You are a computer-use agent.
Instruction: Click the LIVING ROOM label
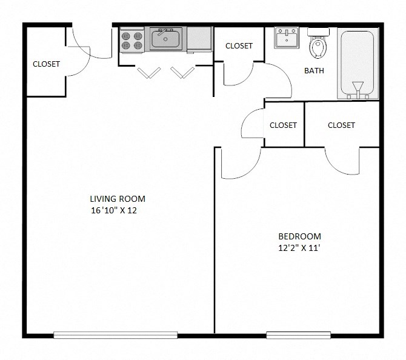[x=118, y=199]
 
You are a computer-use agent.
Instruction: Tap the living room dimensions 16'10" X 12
[x=118, y=211]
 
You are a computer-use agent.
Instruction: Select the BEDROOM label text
[x=299, y=236]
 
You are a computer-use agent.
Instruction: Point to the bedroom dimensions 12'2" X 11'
[x=299, y=248]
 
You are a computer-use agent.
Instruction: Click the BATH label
[x=314, y=70]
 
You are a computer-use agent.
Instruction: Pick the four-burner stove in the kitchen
[x=131, y=40]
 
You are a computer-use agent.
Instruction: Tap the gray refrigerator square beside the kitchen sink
[x=199, y=39]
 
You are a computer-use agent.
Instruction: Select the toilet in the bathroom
[x=317, y=44]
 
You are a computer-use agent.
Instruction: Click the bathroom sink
[x=285, y=39]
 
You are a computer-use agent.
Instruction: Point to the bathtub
[x=356, y=62]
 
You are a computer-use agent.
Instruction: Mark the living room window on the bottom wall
[x=115, y=335]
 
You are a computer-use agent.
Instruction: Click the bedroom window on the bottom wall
[x=298, y=335]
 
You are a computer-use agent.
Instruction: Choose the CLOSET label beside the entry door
[x=46, y=64]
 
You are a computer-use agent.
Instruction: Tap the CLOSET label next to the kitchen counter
[x=239, y=46]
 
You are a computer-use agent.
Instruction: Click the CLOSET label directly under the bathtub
[x=341, y=125]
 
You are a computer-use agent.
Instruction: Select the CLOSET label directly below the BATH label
[x=283, y=125]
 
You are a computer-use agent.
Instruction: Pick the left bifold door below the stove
[x=147, y=73]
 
